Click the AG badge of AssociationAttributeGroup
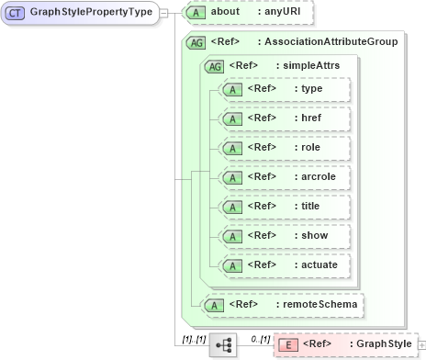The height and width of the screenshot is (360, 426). point(196,42)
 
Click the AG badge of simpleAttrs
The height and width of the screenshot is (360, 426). point(214,66)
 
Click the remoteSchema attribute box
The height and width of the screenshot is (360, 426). point(281,302)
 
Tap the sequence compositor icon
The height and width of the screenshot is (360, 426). point(223,344)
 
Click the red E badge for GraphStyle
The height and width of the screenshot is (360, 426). point(286,344)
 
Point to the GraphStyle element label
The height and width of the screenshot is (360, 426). point(380,344)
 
